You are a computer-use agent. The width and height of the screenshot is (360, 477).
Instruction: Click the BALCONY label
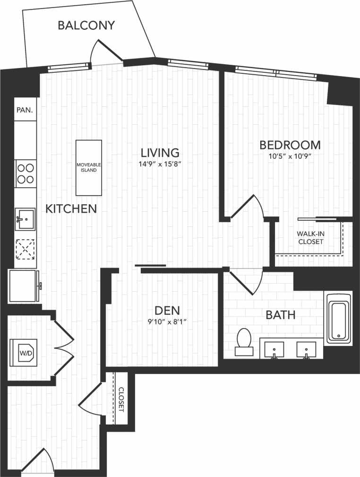[86, 26]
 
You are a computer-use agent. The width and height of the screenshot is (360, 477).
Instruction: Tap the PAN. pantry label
[25, 110]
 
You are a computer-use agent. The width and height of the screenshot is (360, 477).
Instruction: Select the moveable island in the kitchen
[89, 167]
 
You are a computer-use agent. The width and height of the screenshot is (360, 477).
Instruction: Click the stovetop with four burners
[26, 173]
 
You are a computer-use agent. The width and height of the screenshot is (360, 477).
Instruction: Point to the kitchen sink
[25, 218]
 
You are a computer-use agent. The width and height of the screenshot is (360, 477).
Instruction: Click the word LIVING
[160, 153]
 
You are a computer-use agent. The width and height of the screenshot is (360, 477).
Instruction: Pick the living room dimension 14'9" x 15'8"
[161, 164]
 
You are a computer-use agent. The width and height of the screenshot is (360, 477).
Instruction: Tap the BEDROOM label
[290, 145]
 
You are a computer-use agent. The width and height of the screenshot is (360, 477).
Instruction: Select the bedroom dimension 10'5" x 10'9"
[290, 156]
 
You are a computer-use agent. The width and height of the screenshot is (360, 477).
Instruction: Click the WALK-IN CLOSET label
[310, 237]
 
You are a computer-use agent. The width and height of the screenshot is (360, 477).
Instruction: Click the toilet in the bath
[244, 342]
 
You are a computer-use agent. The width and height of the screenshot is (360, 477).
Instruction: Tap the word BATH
[281, 315]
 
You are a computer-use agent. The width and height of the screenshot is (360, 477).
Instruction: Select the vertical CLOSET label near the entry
[120, 399]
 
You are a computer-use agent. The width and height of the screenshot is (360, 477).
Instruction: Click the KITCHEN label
[71, 208]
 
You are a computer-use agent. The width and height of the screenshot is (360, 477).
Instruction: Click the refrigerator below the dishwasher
[23, 286]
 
